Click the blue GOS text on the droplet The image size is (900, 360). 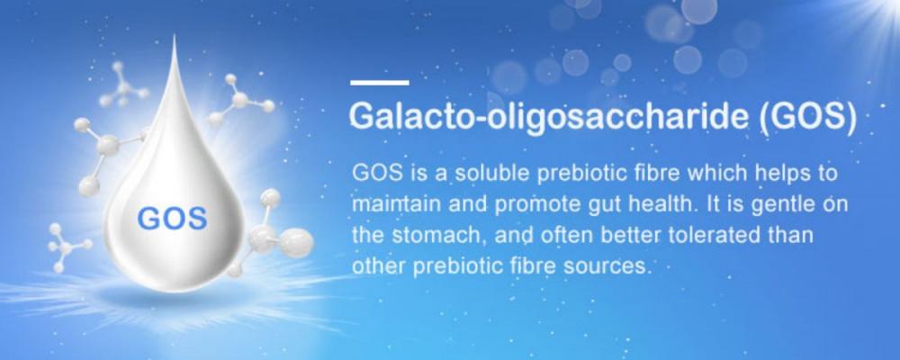[x=172, y=217]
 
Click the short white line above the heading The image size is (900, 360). [x=379, y=83]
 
